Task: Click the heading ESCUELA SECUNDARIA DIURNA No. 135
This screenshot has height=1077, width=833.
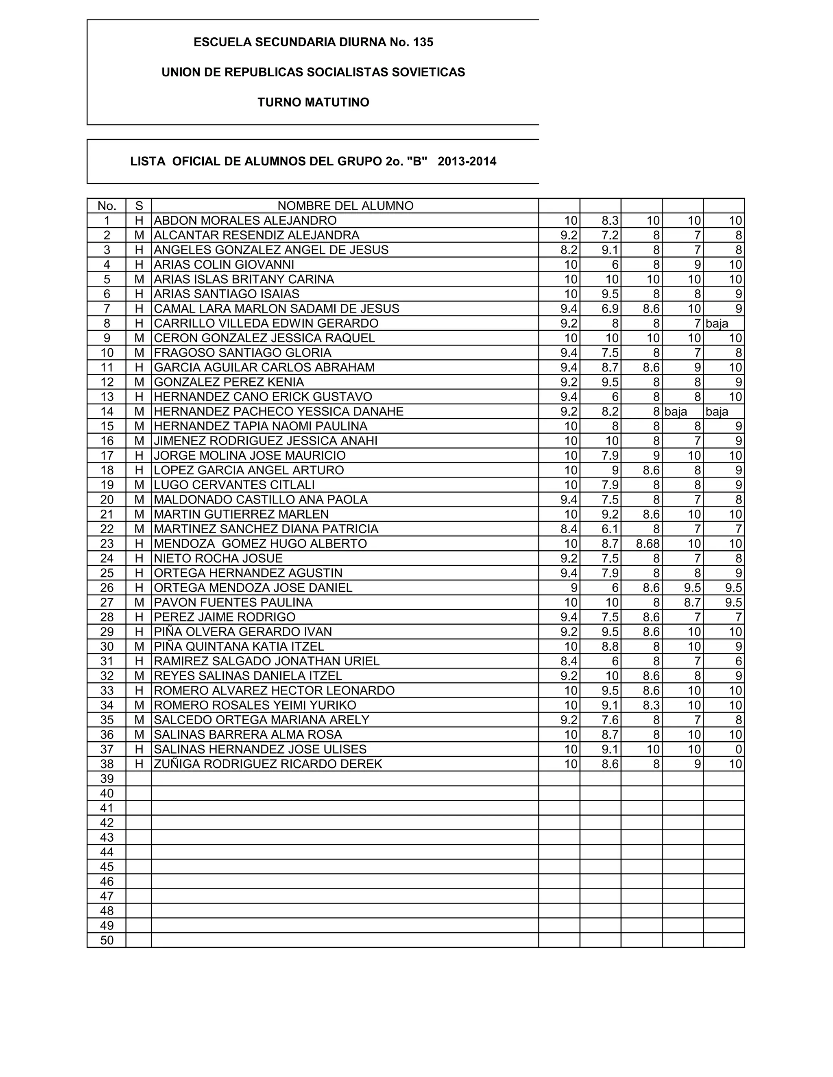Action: pos(313,42)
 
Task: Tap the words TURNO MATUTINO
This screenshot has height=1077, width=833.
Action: pos(313,102)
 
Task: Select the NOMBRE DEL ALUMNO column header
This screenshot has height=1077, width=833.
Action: pos(345,206)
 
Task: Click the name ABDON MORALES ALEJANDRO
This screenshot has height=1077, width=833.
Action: pos(245,220)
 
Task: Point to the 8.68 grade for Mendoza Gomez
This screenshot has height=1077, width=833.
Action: pos(648,543)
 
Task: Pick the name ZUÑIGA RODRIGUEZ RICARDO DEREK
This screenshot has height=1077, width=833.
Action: pos(268,764)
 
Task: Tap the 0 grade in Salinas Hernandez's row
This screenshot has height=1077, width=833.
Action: pos(738,749)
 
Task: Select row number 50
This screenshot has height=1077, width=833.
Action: pos(107,940)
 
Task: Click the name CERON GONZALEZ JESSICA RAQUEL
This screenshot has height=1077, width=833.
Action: pos(264,338)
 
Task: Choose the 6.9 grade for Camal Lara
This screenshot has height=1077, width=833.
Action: pos(610,309)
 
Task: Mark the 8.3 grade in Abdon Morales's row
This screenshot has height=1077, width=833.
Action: pos(610,220)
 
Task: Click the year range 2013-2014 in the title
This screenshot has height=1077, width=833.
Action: pos(467,162)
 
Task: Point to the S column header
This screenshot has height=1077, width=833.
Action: pos(139,206)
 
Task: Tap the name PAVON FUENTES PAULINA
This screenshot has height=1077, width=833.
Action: pos(233,602)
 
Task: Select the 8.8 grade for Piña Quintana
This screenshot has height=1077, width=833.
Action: pos(610,647)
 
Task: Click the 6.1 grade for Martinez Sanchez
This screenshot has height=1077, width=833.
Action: pos(610,529)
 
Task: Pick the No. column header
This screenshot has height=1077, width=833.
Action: pos(107,206)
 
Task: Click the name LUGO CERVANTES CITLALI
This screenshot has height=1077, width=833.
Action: pos(234,485)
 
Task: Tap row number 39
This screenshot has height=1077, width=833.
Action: pos(107,779)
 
